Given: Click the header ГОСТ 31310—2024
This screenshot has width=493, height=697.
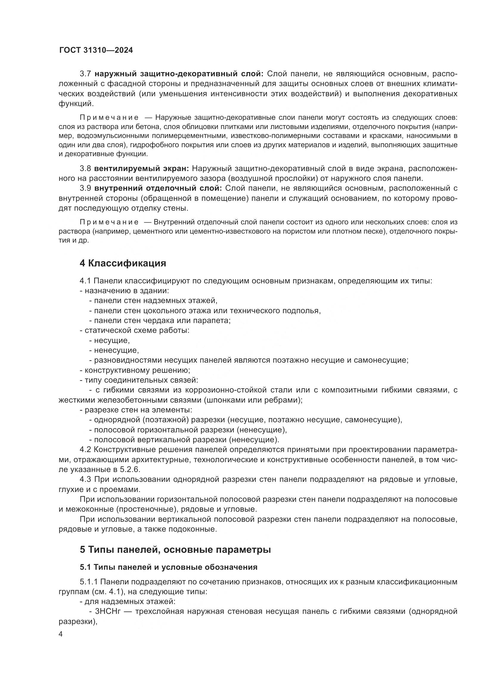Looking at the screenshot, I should coord(96,50).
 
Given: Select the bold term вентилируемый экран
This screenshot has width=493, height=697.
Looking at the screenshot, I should coord(142,168).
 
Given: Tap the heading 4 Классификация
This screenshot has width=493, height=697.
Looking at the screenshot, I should coord(123,263).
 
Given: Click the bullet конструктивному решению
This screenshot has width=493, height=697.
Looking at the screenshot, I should coord(137,370).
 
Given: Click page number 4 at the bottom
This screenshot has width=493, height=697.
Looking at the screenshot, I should coord(61,634).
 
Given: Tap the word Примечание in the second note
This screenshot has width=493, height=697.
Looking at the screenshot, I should coord(109,222).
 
